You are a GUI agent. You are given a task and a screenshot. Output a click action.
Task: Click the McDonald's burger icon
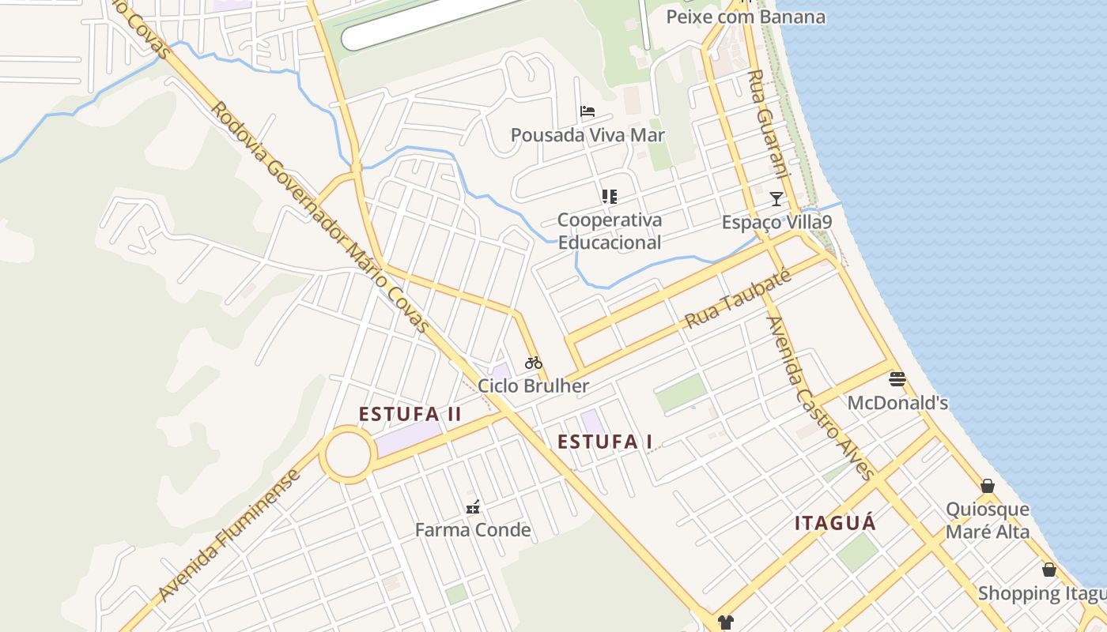coord(897,379)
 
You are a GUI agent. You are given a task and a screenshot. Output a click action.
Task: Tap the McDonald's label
coord(897,403)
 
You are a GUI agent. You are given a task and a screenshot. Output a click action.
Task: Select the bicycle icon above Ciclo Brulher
coord(534,363)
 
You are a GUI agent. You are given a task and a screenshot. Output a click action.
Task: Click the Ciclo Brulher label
coord(534,386)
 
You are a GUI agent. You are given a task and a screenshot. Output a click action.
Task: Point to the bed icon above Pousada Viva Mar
coord(588,111)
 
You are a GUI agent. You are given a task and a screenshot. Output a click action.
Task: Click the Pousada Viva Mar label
coord(588,135)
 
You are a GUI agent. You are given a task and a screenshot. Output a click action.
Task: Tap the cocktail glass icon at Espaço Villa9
coord(776,198)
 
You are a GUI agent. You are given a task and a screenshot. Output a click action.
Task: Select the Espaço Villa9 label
coord(776,222)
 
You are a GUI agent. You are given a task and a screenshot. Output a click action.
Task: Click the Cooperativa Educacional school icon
coord(609,196)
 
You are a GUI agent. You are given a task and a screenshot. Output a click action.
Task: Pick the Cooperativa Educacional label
coord(609,231)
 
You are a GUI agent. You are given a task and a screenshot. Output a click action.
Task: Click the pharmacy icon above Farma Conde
coord(473,506)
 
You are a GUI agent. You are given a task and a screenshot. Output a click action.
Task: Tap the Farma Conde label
coord(473,529)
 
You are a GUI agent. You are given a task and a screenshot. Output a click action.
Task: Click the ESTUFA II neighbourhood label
coord(410,414)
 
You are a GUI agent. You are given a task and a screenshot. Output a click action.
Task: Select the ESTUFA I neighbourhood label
coord(605,442)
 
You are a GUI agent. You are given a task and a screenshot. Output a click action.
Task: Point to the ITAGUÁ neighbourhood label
coord(836,523)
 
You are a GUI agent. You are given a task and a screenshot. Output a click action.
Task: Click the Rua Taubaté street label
coord(738,299)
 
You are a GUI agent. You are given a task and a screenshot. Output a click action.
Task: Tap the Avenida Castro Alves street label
coord(821,398)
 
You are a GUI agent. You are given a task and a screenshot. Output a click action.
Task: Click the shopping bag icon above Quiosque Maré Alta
coord(988,486)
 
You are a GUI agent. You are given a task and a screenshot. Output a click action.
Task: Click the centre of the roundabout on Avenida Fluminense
coord(348,455)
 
